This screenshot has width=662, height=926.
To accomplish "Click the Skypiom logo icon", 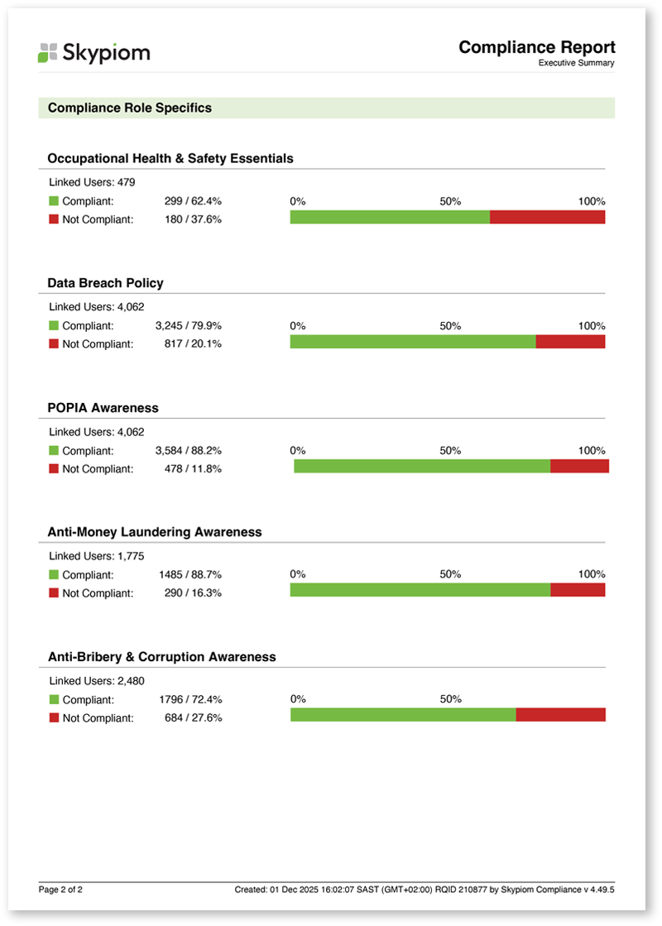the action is tap(48, 53).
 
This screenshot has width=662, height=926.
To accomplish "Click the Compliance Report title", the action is tap(537, 47).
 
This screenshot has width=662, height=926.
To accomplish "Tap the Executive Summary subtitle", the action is tap(577, 63).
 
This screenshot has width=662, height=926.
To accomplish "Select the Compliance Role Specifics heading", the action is tap(130, 108).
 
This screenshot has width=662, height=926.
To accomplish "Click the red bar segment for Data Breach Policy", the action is tap(570, 342).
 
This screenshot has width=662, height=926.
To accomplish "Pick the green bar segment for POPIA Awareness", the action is tap(422, 467).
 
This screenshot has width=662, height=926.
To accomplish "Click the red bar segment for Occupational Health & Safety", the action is tap(548, 218).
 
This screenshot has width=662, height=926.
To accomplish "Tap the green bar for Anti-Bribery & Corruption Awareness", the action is tap(403, 715).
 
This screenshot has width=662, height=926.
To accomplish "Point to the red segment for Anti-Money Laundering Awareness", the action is tap(578, 590).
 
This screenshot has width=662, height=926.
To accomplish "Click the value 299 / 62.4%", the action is tap(193, 201).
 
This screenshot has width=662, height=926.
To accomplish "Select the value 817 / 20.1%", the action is tap(193, 343).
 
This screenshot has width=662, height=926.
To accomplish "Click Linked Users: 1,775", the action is tap(96, 556).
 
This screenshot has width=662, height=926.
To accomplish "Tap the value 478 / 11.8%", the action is tap(193, 469).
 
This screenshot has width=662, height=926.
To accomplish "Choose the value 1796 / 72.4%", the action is tap(191, 700).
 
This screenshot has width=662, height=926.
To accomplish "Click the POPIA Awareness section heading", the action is tap(103, 408).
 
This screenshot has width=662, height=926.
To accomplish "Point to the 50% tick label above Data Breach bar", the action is tap(451, 326).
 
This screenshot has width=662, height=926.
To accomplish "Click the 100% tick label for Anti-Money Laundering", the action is tap(592, 574).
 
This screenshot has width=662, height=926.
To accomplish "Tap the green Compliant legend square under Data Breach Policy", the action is tap(54, 325).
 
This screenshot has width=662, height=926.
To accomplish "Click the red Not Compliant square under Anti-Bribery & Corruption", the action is tap(54, 717).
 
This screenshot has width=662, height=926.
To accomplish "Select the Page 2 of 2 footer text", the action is tap(60, 890).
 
